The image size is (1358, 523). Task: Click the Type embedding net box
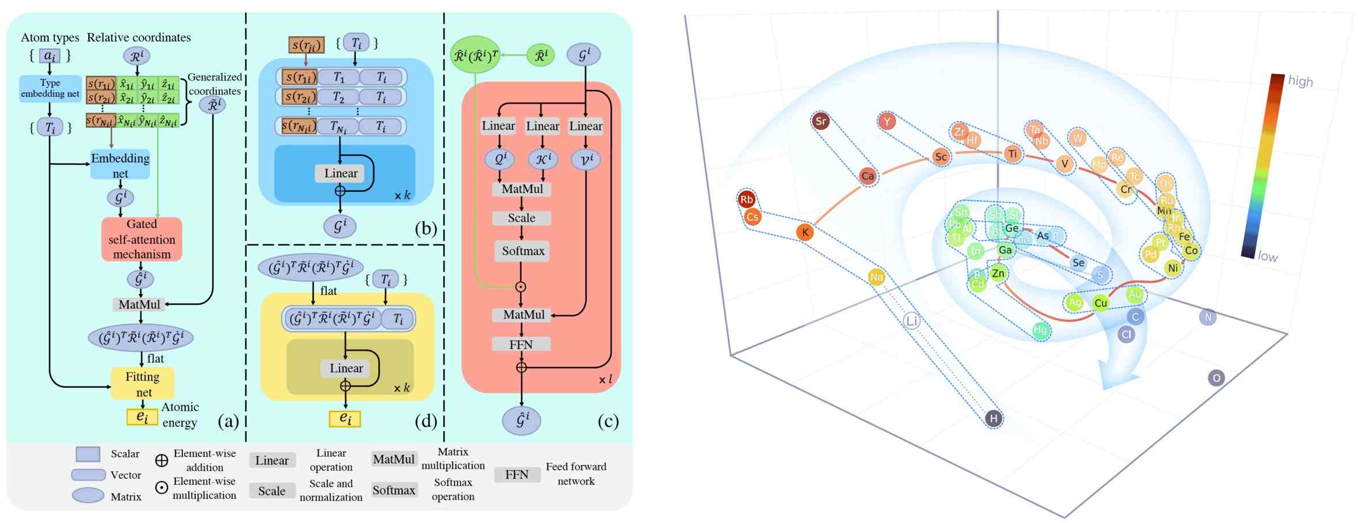coord(50,88)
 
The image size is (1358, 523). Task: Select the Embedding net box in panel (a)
coord(120,165)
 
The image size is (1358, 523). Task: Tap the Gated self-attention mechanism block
coord(142,239)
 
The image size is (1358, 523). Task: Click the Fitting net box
coord(142,384)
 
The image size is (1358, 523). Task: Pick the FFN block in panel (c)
coord(521,344)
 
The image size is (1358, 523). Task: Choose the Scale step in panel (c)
coord(522,218)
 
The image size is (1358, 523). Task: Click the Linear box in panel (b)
coord(340,173)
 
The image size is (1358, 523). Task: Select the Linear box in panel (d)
coord(346,368)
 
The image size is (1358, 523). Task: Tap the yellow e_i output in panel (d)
coord(345,419)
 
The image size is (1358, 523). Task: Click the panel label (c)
coord(608,422)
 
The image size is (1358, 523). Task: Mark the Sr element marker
coord(821,121)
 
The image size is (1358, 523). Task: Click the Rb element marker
coord(747,199)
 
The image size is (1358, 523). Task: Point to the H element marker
coord(994,419)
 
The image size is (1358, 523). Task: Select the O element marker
coord(1216,378)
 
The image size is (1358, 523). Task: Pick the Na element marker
coord(876,277)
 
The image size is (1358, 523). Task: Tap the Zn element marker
coord(998,274)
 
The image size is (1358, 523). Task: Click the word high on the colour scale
coord(1300,81)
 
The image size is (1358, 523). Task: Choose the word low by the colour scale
coord(1268,256)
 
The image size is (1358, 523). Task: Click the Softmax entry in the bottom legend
coord(394,490)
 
